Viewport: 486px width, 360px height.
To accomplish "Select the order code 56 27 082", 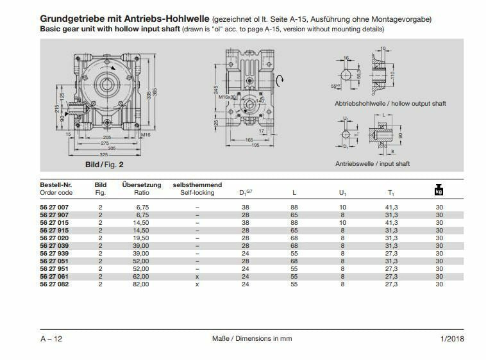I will [x=54, y=284].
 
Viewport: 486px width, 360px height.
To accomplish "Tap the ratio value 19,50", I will [x=142, y=238].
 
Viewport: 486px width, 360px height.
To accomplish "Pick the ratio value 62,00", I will [x=142, y=276].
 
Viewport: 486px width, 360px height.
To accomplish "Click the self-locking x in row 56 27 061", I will [x=197, y=276].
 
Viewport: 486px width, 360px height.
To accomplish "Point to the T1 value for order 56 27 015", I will [x=390, y=223].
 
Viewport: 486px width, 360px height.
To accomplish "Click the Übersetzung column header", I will [x=142, y=185].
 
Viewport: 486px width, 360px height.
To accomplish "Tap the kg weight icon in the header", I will [x=439, y=190].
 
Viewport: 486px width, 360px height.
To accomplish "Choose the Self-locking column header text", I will [x=197, y=192].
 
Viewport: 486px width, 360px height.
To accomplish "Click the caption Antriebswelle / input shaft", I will [x=372, y=164].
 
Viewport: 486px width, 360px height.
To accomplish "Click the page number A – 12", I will [x=51, y=339].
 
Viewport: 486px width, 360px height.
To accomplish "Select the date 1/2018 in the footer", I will [x=452, y=339].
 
